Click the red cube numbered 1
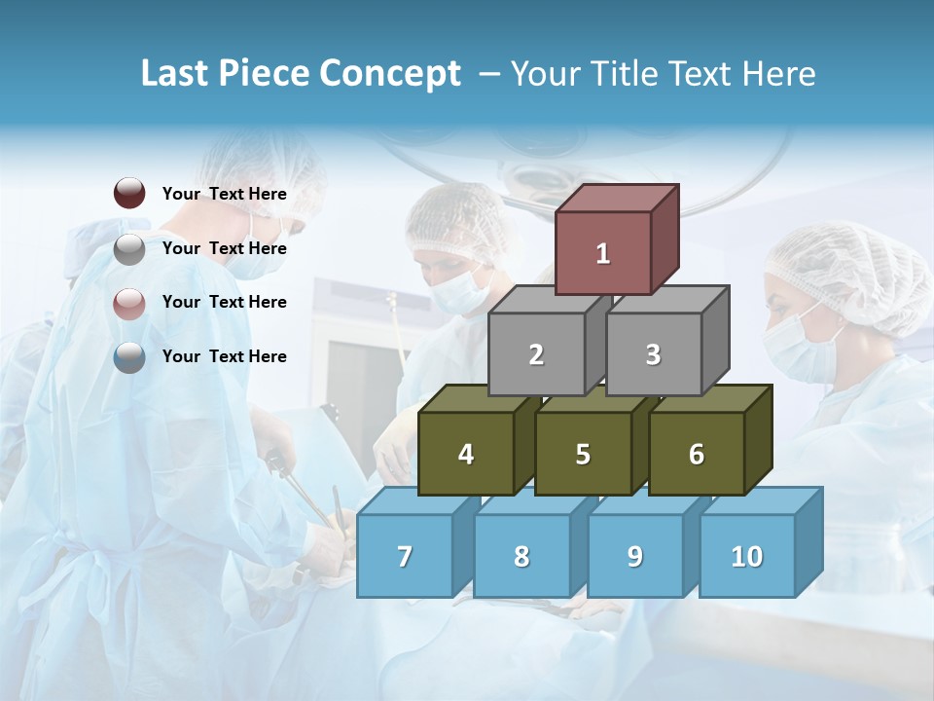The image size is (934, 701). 603,253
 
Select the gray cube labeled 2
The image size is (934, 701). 536,354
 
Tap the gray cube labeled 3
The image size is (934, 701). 653,354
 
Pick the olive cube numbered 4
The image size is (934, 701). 466,454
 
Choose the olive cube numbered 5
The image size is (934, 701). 583,454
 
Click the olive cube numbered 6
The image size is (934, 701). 697,454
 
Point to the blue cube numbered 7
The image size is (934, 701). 405,556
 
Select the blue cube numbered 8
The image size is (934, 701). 521,556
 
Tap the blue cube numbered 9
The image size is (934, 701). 635,556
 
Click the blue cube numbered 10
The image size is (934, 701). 747,556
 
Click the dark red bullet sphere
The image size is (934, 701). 129,193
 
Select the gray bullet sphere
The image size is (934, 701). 129,249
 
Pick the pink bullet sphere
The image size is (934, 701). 129,303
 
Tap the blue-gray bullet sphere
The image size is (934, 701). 129,357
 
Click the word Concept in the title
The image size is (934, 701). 391,74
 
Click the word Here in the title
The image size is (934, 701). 778,74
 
